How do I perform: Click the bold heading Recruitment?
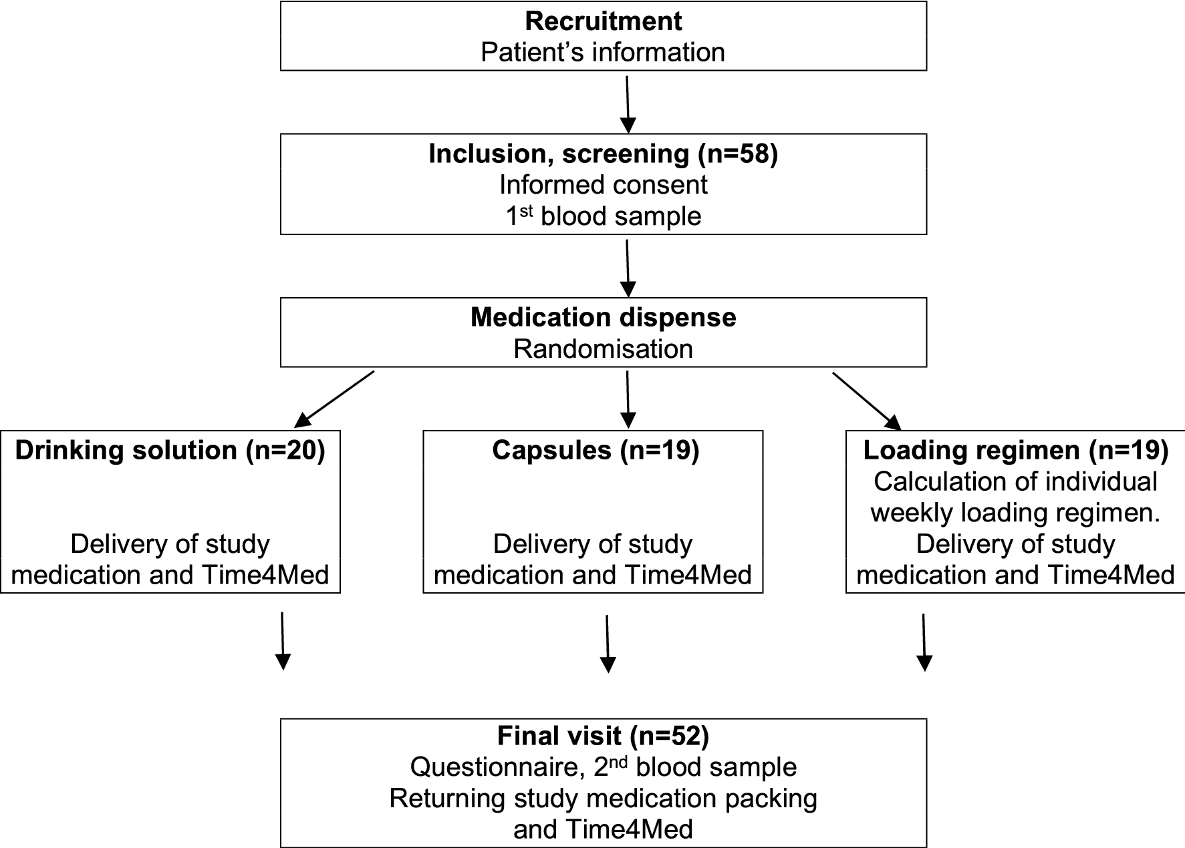603,21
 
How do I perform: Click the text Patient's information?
603,52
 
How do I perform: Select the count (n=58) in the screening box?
737,154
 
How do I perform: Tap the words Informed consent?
603,185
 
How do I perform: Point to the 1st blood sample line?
603,216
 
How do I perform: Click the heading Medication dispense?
603,317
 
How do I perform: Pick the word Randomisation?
603,349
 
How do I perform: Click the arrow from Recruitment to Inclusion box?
627,103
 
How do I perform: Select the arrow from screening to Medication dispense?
627,267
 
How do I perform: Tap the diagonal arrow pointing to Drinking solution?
334,399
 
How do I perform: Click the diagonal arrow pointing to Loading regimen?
867,399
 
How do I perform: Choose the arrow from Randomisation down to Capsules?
627,399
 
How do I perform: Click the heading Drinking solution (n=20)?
170,451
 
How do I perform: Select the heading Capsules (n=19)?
595,451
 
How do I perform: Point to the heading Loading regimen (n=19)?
1015,451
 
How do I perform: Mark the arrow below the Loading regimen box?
924,641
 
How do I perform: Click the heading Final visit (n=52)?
603,736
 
